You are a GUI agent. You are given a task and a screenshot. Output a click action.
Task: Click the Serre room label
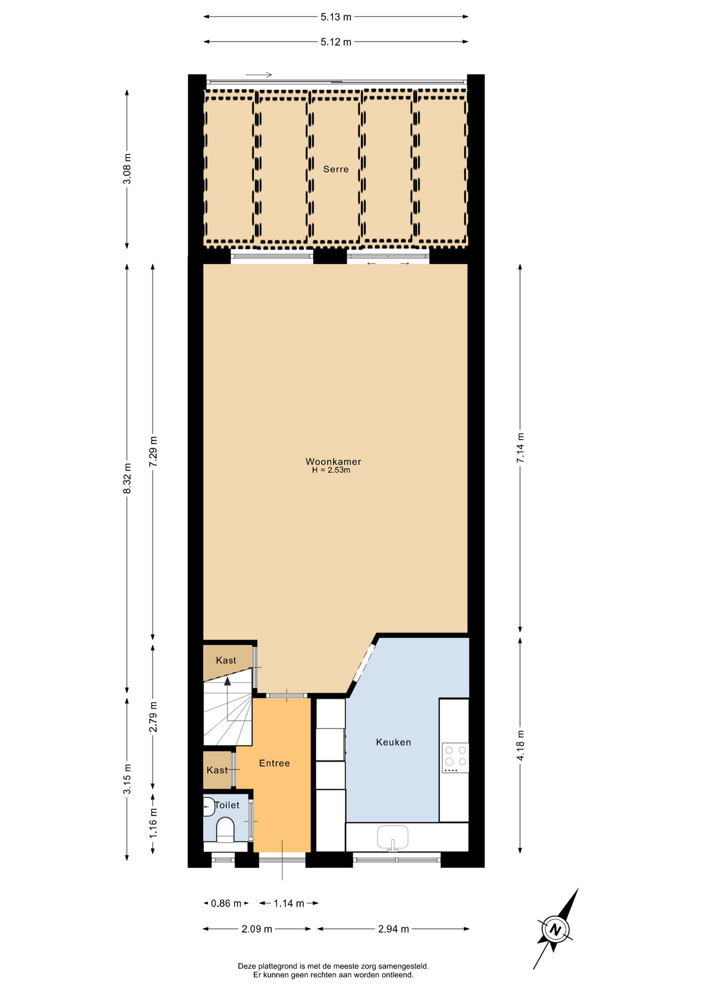coord(336,169)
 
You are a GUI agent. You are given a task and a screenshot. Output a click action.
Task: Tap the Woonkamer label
coord(333,461)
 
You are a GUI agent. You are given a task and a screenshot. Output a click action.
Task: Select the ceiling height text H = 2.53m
coord(331,470)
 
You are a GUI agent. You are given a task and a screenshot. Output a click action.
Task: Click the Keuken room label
coord(393,742)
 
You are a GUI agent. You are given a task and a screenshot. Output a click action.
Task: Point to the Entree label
coord(274,763)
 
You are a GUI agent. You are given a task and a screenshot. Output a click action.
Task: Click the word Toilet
coord(227,805)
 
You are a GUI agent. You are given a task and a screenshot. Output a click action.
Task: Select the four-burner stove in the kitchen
coord(455,758)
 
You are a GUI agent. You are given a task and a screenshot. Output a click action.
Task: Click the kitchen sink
coord(393,838)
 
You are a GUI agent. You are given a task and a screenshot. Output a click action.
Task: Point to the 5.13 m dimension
coord(336,17)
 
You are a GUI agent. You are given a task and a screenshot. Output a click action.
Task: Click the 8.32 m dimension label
coord(127,478)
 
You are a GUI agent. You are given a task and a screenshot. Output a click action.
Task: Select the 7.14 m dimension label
coord(521,447)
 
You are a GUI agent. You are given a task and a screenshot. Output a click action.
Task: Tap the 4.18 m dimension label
coord(521,746)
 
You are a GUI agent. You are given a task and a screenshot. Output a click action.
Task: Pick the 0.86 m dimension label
coord(226,903)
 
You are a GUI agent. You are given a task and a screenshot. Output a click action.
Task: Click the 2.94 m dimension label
coord(393,929)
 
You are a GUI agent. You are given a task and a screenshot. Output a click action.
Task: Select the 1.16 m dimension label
coord(154,823)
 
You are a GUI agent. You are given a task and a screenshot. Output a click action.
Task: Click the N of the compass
coord(555,930)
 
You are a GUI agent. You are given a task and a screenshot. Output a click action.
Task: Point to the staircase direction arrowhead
coord(227,681)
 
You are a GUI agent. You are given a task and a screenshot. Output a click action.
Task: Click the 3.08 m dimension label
coord(127,169)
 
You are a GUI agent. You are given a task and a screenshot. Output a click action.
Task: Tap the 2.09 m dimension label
coord(257,929)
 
